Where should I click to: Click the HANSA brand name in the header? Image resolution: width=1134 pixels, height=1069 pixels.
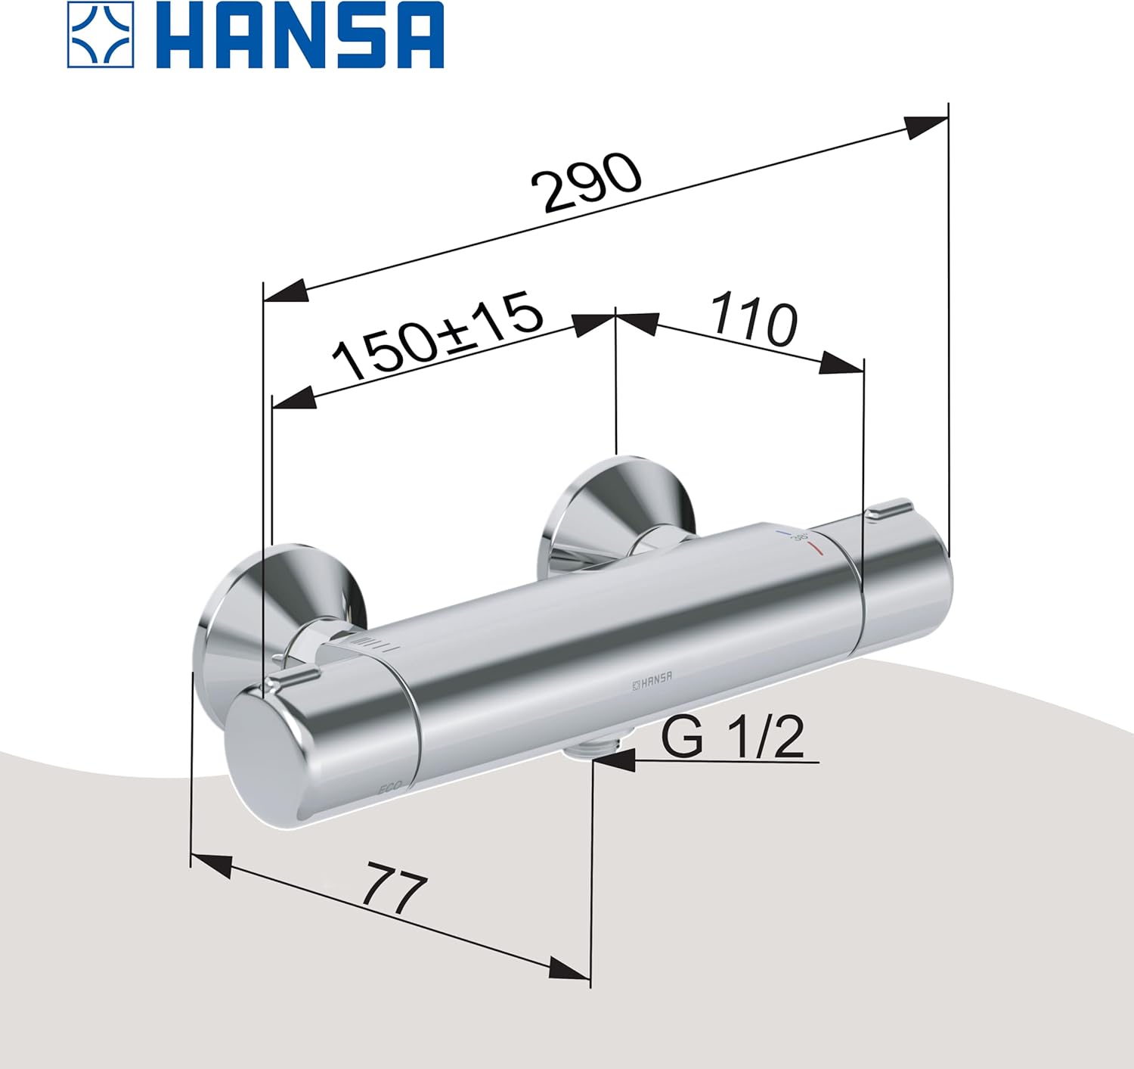point(303,36)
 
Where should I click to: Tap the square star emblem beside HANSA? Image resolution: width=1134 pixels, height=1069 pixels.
point(101,36)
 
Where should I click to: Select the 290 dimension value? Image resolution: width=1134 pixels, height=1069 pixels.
point(586,182)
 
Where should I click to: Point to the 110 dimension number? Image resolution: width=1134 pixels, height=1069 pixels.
point(753,319)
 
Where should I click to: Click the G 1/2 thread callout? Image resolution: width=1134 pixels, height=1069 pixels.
point(732,737)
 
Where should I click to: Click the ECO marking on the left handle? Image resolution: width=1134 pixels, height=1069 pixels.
point(390,788)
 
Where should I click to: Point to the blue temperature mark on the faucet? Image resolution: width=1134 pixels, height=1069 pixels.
point(785,534)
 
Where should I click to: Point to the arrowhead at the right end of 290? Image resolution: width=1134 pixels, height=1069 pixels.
point(927,127)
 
